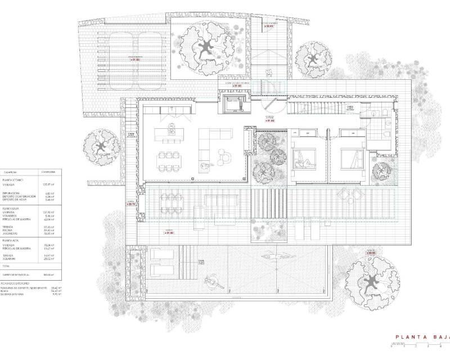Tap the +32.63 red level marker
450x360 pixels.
(x=271, y=26)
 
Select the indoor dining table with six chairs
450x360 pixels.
(x=170, y=161)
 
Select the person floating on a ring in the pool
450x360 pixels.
(x=212, y=280)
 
